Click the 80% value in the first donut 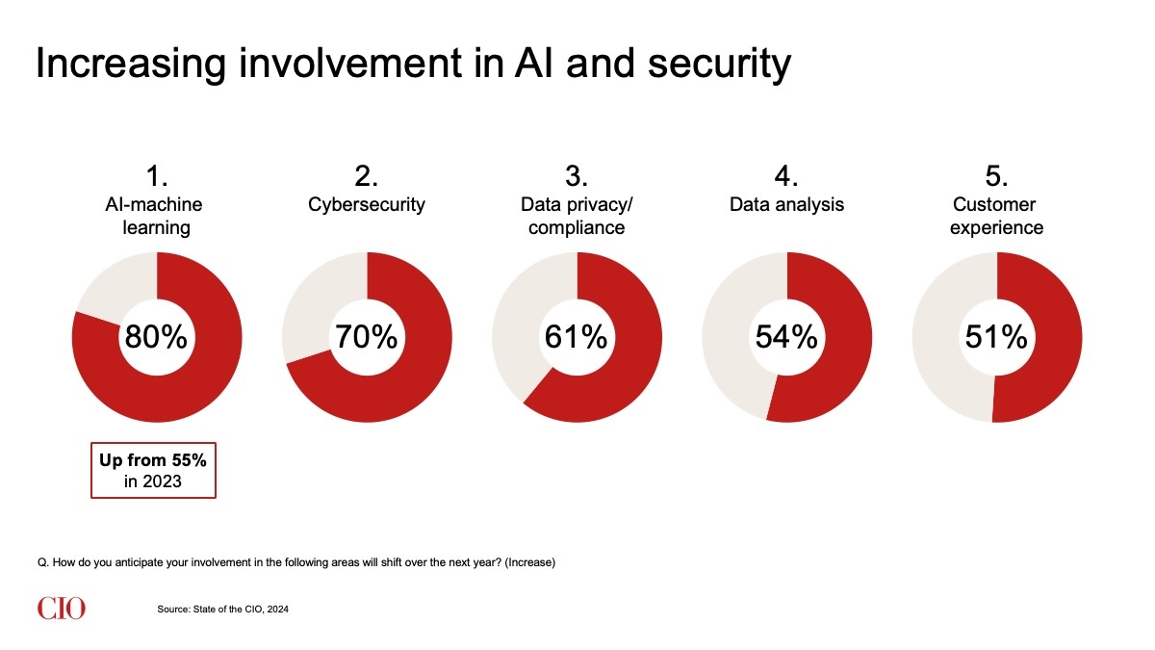coord(157,337)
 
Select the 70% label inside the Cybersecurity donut coord(366,337)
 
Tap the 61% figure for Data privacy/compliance coord(576,337)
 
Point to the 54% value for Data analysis coord(785,337)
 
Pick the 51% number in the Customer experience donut coord(996,337)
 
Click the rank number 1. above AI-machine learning coord(157,175)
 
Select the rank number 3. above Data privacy coord(576,175)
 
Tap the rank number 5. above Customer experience coord(996,175)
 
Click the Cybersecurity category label coord(366,205)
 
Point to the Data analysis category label coord(785,205)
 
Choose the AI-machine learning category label coord(155,216)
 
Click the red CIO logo coord(62,609)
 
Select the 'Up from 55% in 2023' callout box coord(153,470)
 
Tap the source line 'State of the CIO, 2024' coord(222,610)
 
